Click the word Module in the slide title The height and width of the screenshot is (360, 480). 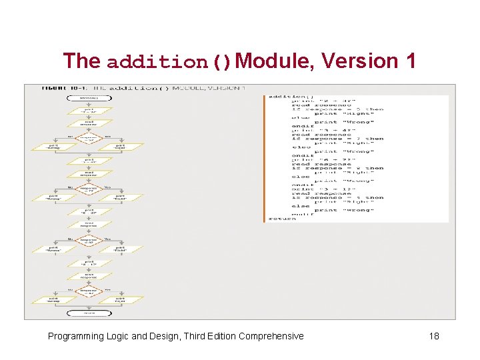tap(273, 61)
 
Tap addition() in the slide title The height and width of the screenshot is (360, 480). tap(169, 62)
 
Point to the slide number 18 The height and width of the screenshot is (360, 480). tap(433, 336)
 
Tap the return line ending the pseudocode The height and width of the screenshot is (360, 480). tap(282, 218)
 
